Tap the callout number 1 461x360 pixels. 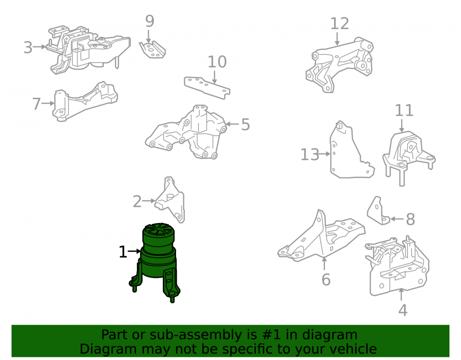(x=123, y=252)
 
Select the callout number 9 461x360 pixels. (x=150, y=21)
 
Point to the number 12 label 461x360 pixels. (x=340, y=24)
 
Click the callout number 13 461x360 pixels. (x=310, y=154)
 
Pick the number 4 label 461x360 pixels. (x=403, y=310)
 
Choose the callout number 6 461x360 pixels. (x=326, y=279)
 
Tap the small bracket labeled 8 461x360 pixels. (x=378, y=211)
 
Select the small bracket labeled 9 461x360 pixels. (x=152, y=50)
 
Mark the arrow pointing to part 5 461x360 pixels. (x=232, y=124)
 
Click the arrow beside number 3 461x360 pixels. (x=40, y=47)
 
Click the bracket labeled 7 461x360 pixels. (x=85, y=101)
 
